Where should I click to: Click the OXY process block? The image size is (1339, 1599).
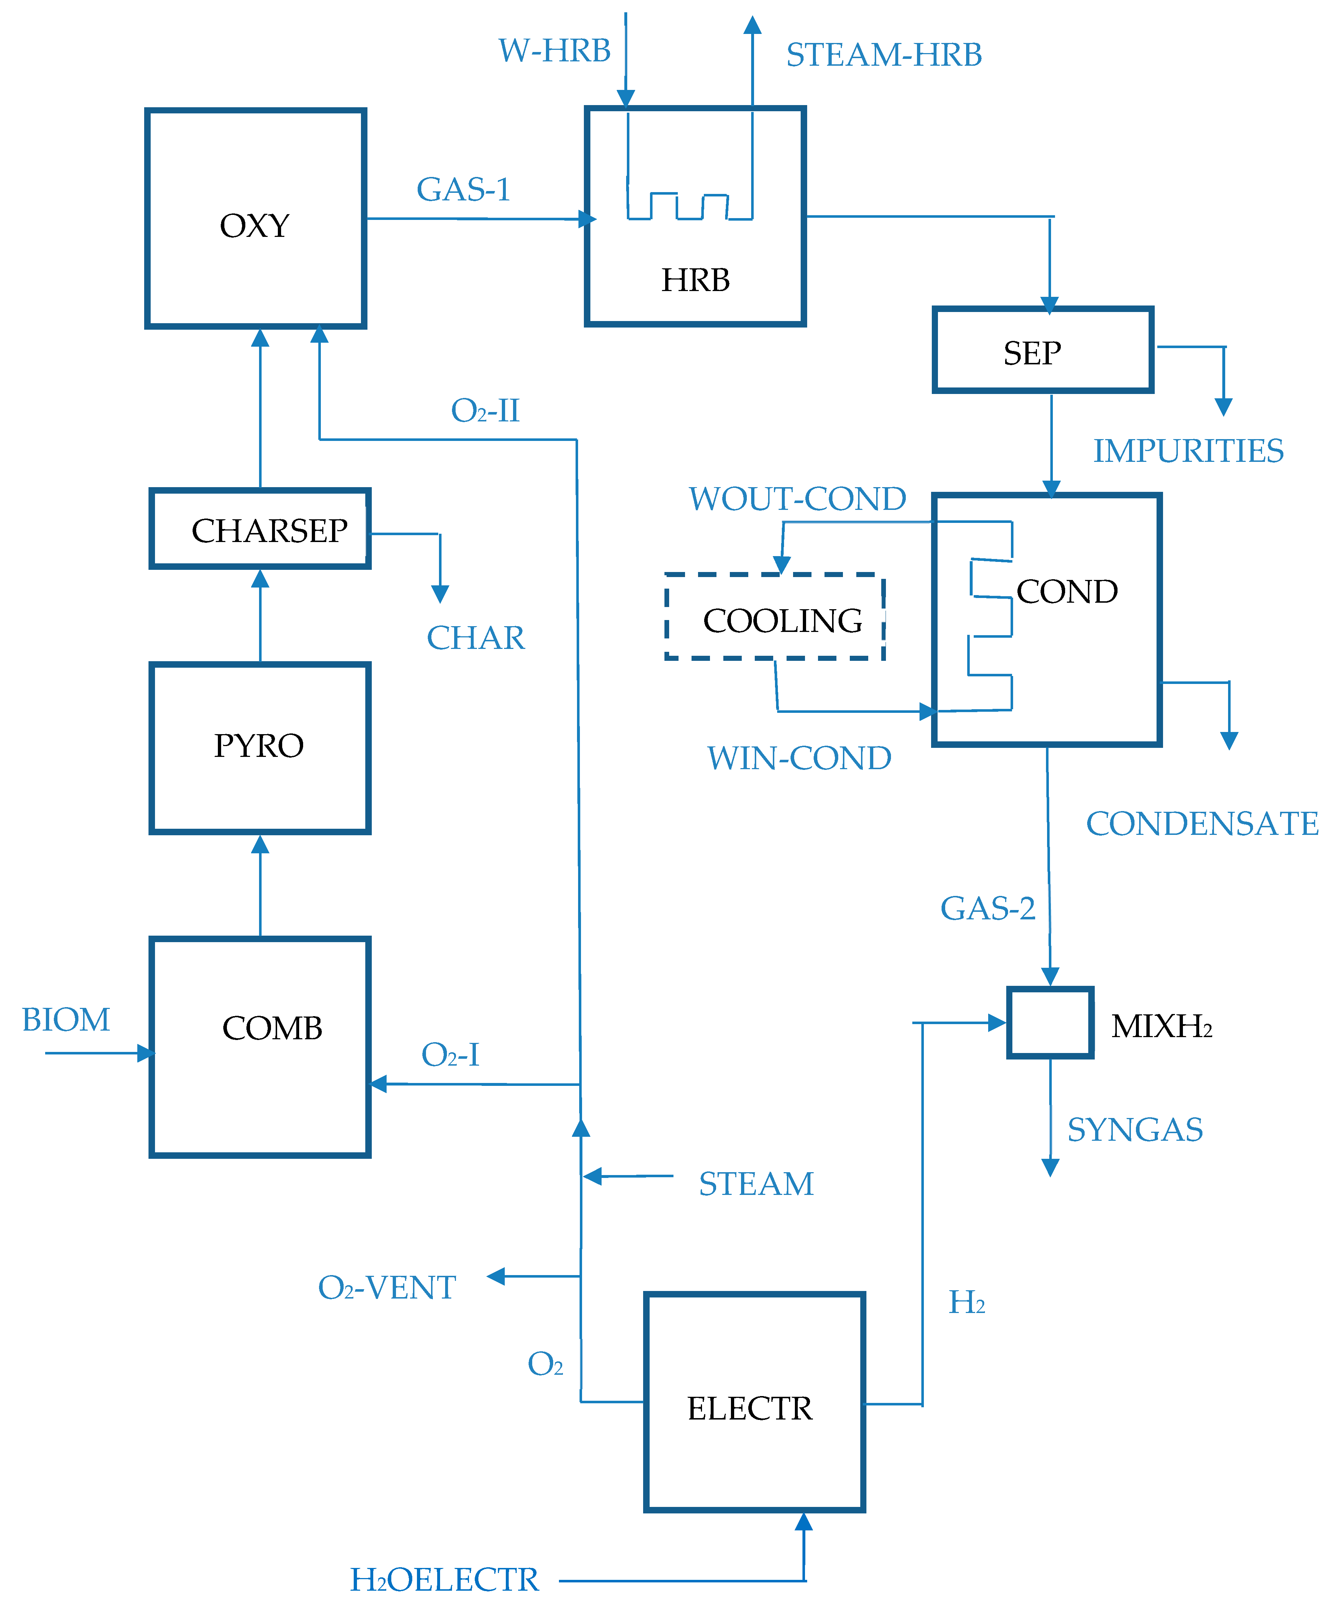point(256,218)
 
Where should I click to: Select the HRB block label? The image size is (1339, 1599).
point(695,280)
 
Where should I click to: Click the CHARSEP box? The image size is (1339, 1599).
point(260,529)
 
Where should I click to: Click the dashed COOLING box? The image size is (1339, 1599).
point(775,617)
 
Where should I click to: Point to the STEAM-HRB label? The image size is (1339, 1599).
point(883,55)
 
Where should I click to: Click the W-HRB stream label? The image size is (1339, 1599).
point(555,51)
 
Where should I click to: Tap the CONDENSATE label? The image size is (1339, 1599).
point(1201,824)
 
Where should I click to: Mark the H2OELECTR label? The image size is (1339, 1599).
point(444,1580)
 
